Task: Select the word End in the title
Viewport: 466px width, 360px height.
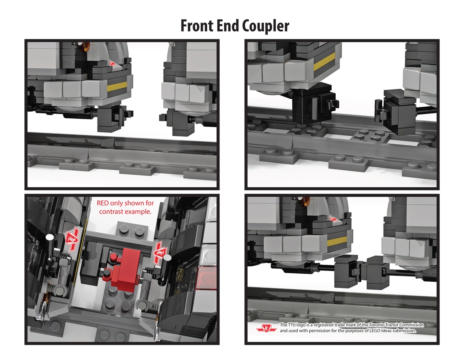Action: click(227, 26)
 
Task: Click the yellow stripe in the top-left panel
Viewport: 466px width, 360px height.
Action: click(116, 85)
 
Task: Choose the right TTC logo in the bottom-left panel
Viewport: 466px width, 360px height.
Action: click(159, 252)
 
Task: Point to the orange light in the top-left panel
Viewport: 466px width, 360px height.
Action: click(85, 48)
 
